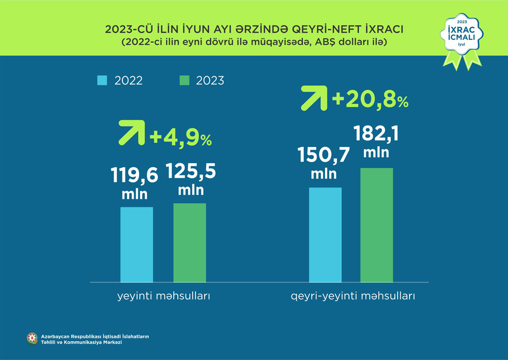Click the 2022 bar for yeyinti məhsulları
(x=137, y=244)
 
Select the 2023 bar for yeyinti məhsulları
(x=189, y=243)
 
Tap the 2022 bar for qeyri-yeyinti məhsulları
(x=325, y=234)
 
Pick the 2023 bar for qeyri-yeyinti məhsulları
(x=377, y=225)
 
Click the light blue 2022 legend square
(x=102, y=80)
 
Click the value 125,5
(x=191, y=171)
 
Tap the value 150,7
(x=324, y=155)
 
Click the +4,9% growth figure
(x=180, y=137)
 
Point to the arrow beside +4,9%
(x=131, y=133)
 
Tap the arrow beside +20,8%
(x=313, y=97)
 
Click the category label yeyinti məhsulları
(x=161, y=295)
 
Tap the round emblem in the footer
(x=32, y=339)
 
